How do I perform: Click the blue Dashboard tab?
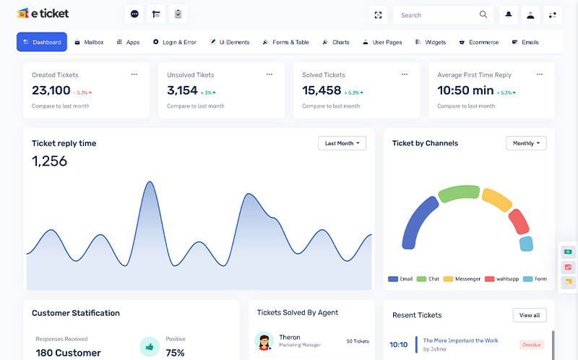point(42,42)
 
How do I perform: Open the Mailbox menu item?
point(89,43)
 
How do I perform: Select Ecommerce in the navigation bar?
point(479,43)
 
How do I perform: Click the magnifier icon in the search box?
point(483,14)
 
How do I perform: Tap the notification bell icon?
point(509,14)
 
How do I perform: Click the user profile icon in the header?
point(530,14)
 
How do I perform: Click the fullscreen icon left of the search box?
point(378,14)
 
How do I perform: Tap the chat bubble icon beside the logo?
point(134,14)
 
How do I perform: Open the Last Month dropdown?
point(342,143)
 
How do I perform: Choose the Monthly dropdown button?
point(526,143)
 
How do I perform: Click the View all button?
point(530,315)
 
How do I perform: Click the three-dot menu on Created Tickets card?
point(134,74)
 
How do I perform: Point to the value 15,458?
point(322,90)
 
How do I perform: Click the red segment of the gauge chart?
point(519,222)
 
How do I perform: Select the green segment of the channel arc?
point(460,194)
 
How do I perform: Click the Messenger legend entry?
point(462,279)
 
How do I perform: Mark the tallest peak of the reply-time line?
point(150,182)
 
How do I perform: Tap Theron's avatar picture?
point(264,340)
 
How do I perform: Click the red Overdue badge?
point(531,345)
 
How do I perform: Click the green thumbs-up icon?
point(150,347)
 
